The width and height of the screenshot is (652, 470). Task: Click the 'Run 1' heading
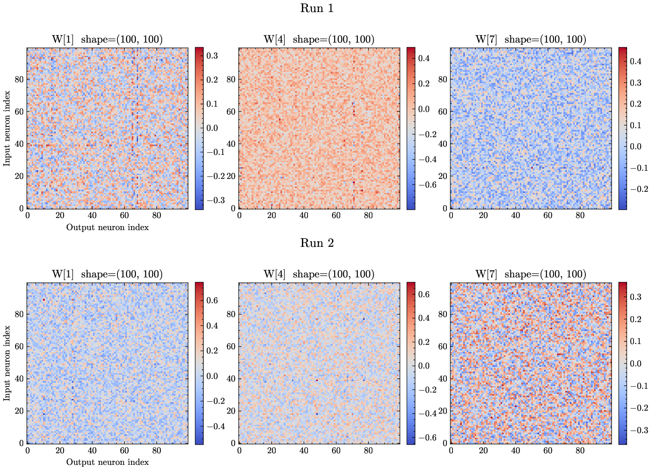[317, 9]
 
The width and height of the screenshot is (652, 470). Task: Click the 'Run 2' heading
[317, 243]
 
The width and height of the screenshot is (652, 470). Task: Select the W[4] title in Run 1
[319, 40]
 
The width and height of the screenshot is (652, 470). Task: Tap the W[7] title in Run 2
[530, 274]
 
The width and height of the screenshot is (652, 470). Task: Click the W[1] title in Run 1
[107, 40]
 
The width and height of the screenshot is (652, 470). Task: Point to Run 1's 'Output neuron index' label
[107, 227]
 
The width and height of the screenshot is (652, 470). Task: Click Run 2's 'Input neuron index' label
[7, 363]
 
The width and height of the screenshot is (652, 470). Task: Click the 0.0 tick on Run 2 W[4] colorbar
[424, 366]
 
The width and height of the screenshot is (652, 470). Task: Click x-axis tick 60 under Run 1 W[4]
[336, 215]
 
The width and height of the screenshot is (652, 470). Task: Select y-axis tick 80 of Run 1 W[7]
[443, 79]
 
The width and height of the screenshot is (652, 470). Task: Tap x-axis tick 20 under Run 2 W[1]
[60, 450]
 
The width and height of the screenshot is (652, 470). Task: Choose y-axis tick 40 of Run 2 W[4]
[231, 379]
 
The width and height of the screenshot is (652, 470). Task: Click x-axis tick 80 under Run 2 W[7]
[580, 450]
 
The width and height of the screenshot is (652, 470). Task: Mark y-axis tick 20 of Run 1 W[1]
[19, 176]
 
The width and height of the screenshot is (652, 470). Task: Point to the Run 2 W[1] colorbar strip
[199, 363]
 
